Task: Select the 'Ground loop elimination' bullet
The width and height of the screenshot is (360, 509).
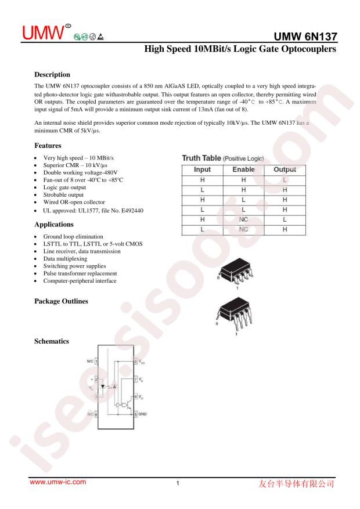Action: pyautogui.click(x=74, y=237)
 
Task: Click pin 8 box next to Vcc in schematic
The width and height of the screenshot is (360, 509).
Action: pyautogui.click(x=135, y=362)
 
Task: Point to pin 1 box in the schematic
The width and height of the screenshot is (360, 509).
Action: pyautogui.click(x=96, y=362)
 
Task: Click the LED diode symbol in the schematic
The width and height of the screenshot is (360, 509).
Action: pyautogui.click(x=103, y=385)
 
